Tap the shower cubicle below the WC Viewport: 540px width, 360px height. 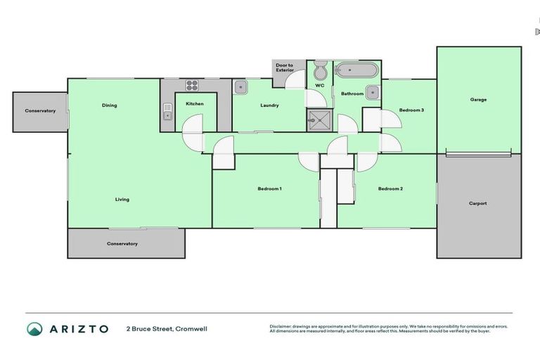pos(318,120)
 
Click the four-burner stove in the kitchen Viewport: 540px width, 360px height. pos(193,86)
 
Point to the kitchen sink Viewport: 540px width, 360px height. pos(167,111)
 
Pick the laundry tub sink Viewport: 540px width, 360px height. pos(240,87)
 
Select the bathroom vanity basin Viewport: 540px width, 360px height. pos(372,92)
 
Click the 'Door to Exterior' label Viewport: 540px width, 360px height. pos(284,67)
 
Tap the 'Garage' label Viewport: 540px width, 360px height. pos(478,100)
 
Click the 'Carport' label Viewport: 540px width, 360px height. pos(478,203)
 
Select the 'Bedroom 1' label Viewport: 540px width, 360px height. pos(269,188)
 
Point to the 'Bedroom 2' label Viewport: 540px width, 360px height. pos(390,188)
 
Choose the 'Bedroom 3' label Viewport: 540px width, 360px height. pos(411,110)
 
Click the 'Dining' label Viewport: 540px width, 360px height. pos(109,105)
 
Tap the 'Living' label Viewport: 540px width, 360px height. pos(122,199)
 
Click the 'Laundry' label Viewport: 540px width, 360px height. pos(269,105)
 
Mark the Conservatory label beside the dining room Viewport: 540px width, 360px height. pos(40,110)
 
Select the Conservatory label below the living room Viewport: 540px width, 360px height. pos(122,243)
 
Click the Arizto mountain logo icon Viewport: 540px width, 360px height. pos(34,328)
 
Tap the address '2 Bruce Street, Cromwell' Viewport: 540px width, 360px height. pos(167,328)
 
